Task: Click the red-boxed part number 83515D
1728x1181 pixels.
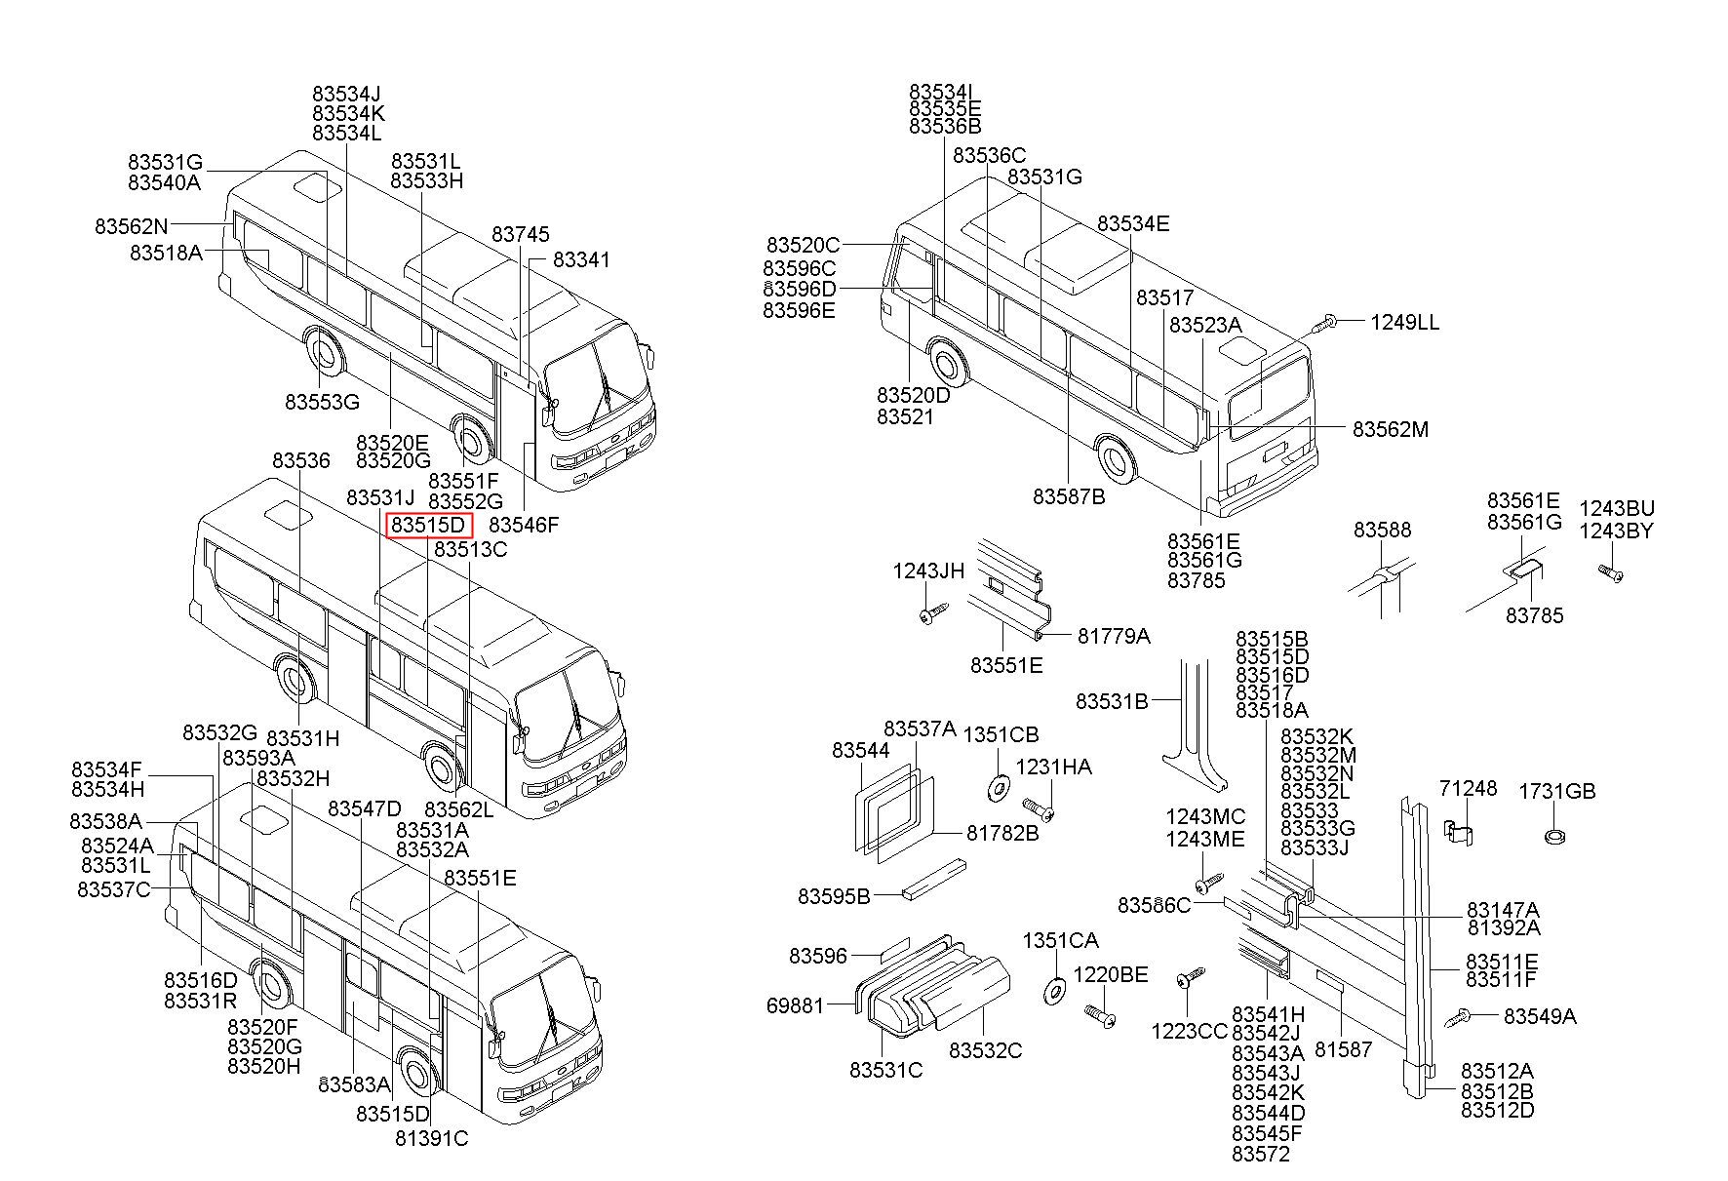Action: point(429,526)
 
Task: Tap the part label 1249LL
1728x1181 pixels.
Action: point(1404,323)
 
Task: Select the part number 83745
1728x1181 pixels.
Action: point(520,235)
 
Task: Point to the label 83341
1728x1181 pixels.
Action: point(581,260)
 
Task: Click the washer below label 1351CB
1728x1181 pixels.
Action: point(998,785)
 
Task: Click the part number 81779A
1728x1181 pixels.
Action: point(1114,637)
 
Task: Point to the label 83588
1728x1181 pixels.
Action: point(1382,531)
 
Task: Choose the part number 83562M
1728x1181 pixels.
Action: point(1390,430)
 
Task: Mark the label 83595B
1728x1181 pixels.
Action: point(834,896)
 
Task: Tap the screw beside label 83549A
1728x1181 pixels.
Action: point(1459,1017)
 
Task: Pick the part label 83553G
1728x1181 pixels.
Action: point(322,402)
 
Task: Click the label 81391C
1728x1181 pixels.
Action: point(431,1138)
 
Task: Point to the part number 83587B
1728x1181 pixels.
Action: point(1069,497)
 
